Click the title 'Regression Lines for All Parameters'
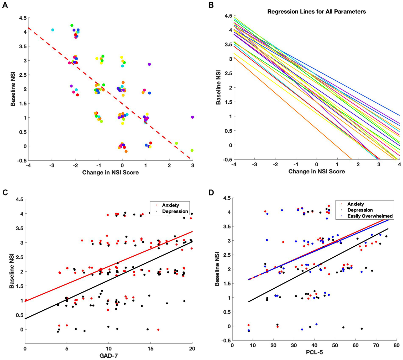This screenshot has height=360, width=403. click(x=316, y=12)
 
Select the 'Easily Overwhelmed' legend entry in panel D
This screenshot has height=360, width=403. click(x=370, y=216)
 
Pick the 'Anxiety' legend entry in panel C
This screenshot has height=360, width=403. click(x=170, y=205)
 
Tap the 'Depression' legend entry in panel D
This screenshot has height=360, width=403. click(x=360, y=210)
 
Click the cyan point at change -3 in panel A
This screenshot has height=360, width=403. click(x=53, y=30)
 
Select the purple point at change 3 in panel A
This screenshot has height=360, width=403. click(x=192, y=117)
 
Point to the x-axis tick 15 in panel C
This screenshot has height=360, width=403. click(x=150, y=349)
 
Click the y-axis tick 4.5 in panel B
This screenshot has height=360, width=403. click(x=228, y=16)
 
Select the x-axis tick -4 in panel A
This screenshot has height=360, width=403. click(x=28, y=166)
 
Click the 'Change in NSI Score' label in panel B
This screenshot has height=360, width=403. click(x=316, y=171)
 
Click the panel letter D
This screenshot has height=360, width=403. click(x=211, y=193)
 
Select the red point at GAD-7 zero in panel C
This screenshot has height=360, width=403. click(x=26, y=300)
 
